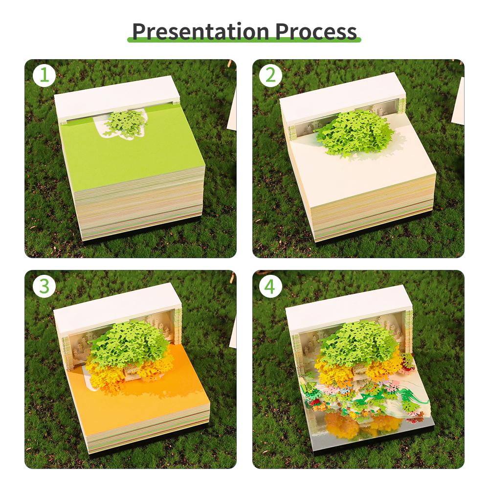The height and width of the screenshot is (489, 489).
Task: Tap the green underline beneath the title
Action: (244, 39)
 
